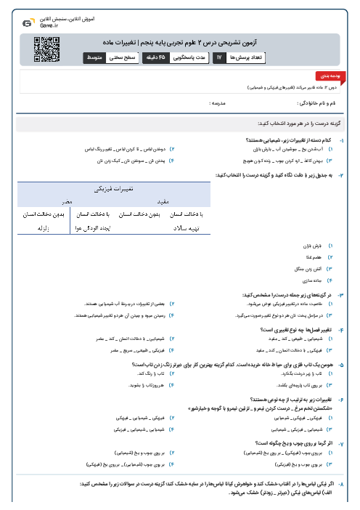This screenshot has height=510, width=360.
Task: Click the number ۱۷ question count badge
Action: [218, 57]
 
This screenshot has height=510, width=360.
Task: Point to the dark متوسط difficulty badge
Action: [99, 57]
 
